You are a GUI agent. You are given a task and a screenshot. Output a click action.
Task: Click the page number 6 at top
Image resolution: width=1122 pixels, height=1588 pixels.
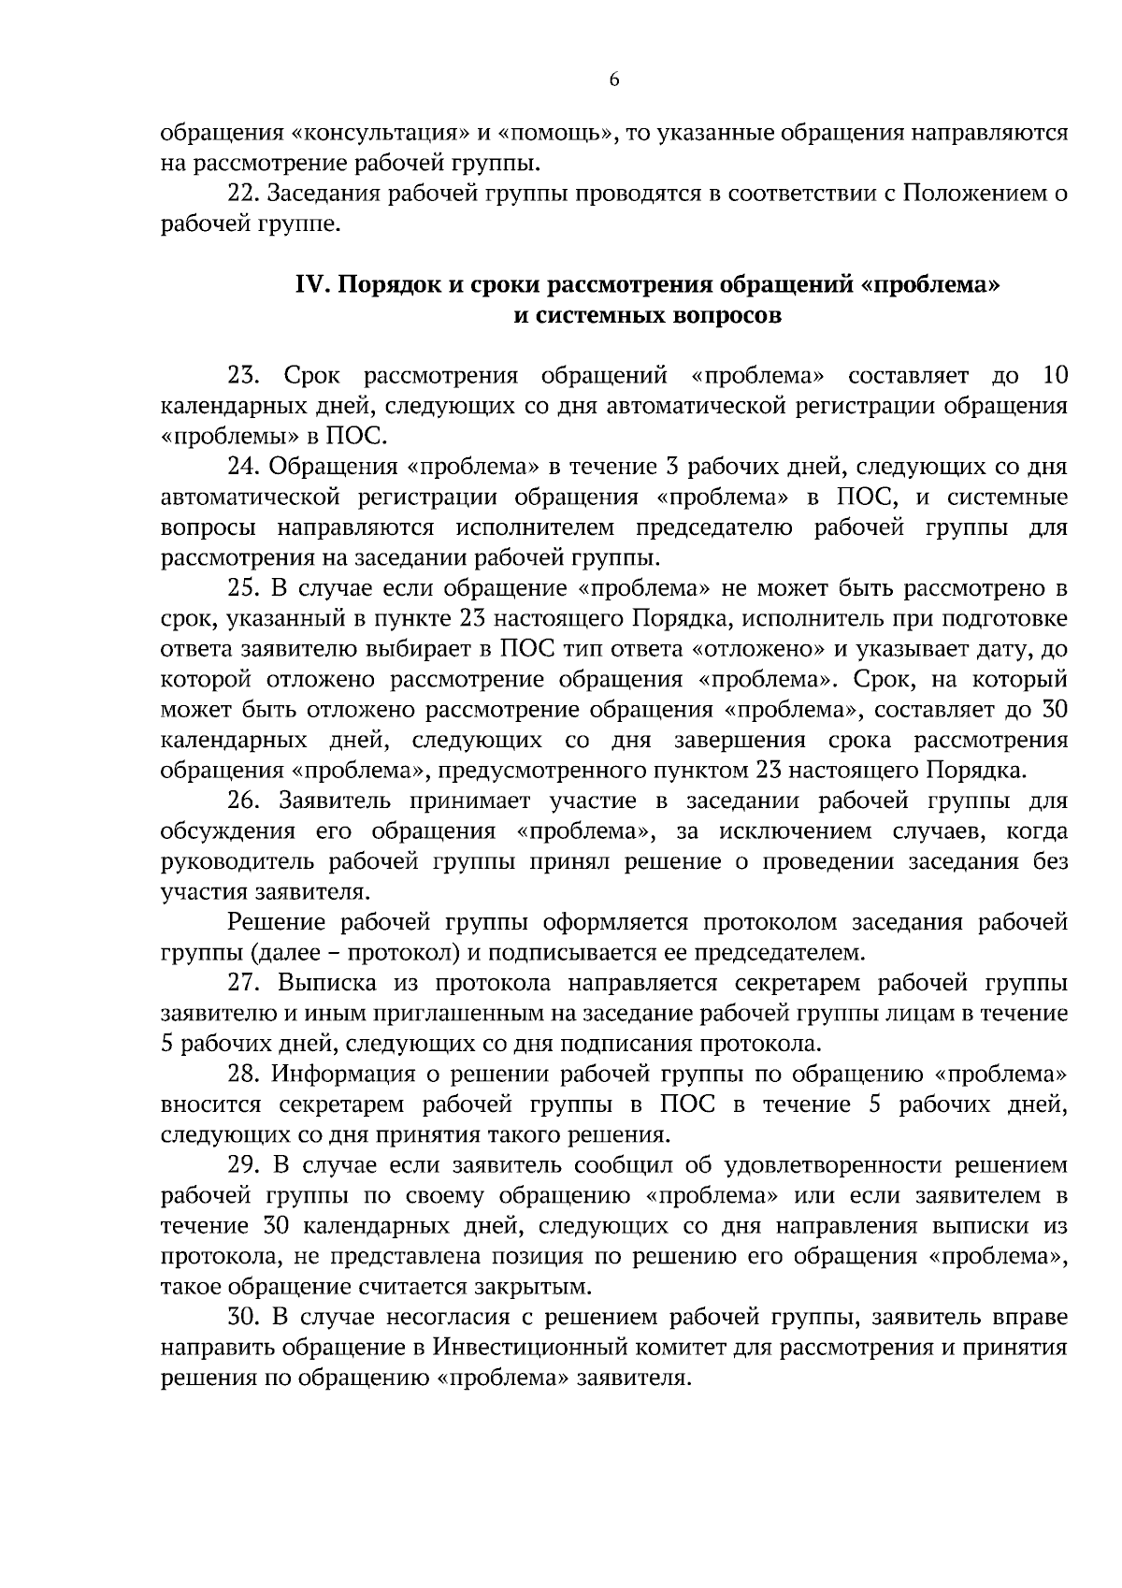click(x=614, y=80)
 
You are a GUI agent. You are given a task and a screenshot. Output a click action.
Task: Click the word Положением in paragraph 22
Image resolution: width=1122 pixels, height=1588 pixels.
click(x=964, y=194)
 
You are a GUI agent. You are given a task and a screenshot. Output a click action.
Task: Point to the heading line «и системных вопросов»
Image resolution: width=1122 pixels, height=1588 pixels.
click(x=648, y=315)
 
